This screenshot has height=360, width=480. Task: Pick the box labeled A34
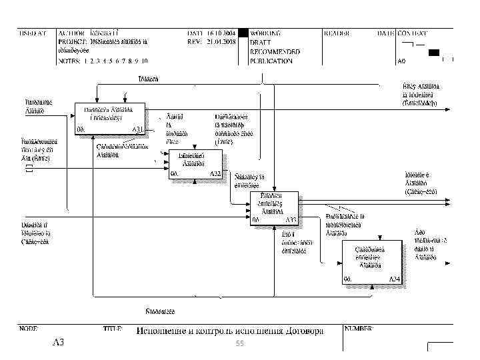click(x=372, y=262)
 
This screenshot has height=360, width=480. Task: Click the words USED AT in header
click(x=32, y=32)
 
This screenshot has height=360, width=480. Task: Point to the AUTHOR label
click(x=71, y=32)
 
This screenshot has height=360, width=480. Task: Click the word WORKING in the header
click(x=265, y=32)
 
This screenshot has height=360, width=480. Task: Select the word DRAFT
click(x=260, y=41)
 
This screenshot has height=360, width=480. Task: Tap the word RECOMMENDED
click(x=275, y=51)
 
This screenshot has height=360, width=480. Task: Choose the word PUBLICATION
click(x=271, y=61)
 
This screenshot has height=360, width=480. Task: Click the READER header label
click(x=337, y=32)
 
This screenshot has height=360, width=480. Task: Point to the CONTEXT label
click(x=413, y=32)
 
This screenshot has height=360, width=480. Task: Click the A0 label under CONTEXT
click(x=402, y=61)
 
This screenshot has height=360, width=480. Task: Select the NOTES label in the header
click(x=68, y=61)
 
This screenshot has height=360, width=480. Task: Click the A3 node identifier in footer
click(x=59, y=343)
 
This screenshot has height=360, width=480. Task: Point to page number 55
click(x=240, y=343)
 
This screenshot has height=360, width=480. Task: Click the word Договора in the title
click(x=304, y=331)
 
